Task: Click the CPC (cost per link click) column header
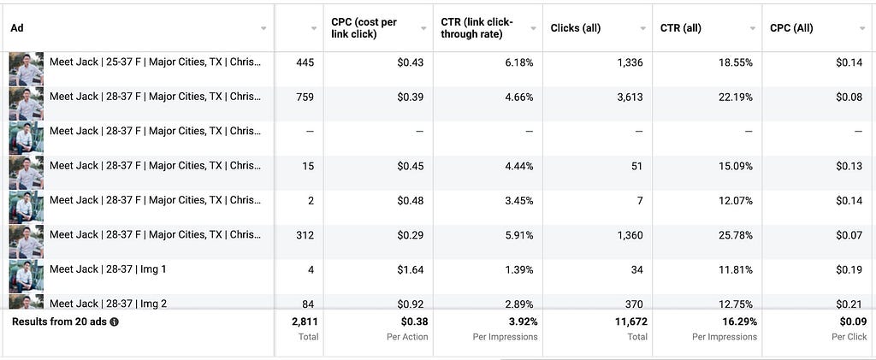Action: [x=364, y=28]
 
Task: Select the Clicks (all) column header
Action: [x=576, y=28]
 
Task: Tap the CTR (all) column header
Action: [x=680, y=28]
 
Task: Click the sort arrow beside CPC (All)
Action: [x=862, y=28]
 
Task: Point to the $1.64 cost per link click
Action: [x=410, y=269]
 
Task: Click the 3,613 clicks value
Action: [x=630, y=97]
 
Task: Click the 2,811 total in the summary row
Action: [x=305, y=322]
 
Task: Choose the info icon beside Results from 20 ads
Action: [x=114, y=322]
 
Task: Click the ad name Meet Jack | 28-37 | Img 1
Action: [x=108, y=269]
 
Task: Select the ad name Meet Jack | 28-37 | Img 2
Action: [x=108, y=304]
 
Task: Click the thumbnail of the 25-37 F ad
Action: [x=27, y=68]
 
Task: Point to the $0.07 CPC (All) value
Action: [x=849, y=235]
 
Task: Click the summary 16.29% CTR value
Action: [x=738, y=322]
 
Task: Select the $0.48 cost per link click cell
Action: [x=410, y=200]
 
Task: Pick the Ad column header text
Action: [x=17, y=28]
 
